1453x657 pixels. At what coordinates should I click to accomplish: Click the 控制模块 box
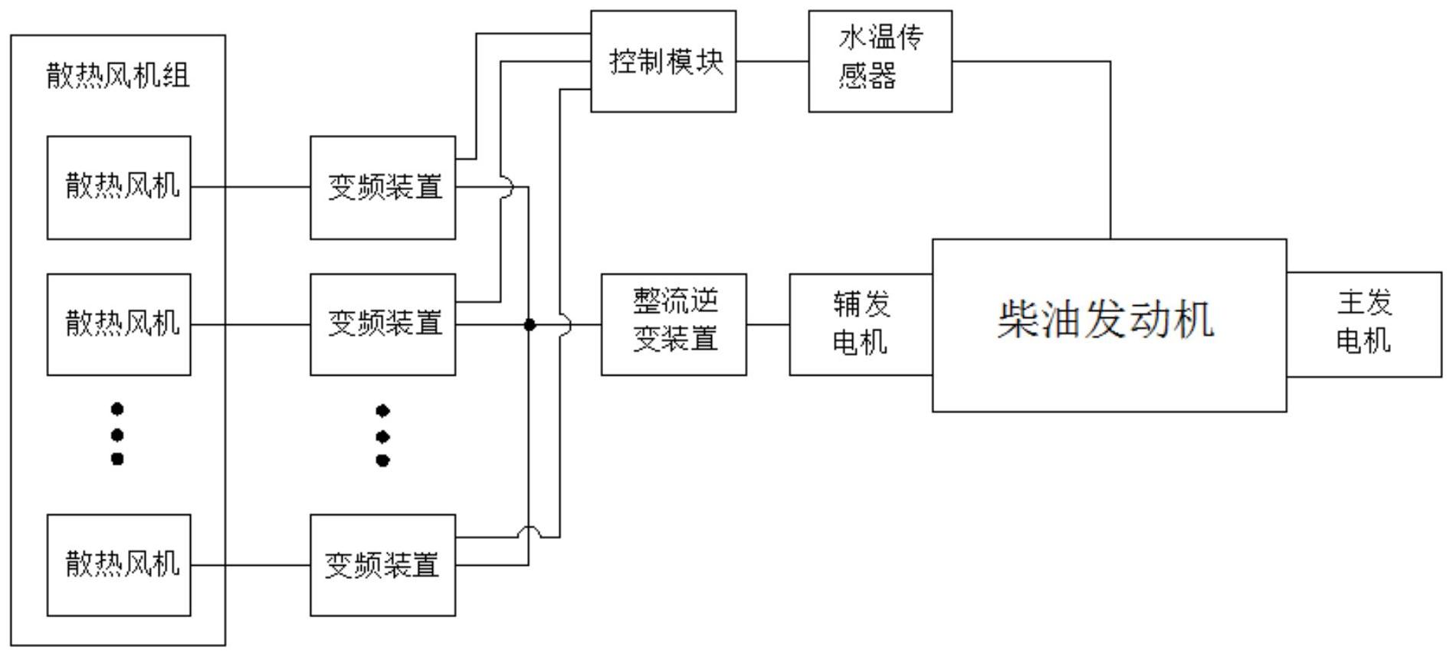(664, 61)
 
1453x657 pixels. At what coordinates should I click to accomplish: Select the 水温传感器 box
(881, 61)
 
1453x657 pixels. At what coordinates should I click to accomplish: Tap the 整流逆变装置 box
(674, 324)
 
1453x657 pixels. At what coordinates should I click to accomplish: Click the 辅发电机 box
(861, 324)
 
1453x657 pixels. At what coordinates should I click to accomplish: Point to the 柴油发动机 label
(1106, 320)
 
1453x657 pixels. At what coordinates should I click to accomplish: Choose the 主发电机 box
(1364, 324)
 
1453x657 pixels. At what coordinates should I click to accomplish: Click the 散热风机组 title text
(118, 75)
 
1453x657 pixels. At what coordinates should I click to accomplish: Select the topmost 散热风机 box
(119, 188)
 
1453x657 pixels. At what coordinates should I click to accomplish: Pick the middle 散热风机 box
(119, 324)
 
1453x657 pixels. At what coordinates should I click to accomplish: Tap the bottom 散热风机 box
(119, 565)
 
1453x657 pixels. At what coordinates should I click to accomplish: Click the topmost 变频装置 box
(383, 188)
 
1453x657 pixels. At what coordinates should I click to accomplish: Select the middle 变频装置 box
(383, 324)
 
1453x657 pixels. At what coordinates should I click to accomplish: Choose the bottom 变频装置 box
(383, 565)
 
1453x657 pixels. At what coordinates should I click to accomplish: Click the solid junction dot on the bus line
(529, 325)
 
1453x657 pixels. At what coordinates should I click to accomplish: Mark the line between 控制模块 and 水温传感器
(772, 61)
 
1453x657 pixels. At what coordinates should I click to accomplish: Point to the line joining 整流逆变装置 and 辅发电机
(768, 324)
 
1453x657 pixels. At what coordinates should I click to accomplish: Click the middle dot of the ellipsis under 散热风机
(117, 435)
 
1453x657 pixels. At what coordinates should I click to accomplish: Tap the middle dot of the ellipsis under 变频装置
(383, 437)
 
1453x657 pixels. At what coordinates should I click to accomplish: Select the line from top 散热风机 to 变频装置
(251, 186)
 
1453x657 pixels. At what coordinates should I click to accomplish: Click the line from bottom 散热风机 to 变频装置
(251, 565)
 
